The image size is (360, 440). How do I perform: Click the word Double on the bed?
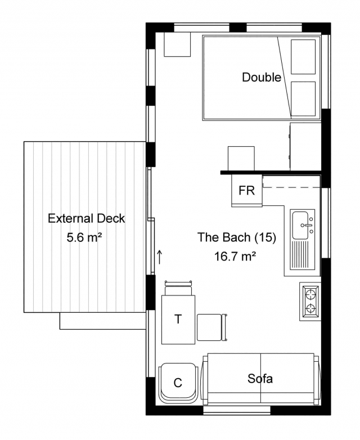pyautogui.click(x=262, y=77)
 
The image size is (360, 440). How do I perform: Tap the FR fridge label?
pyautogui.click(x=246, y=191)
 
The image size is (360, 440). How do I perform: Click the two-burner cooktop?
pyautogui.click(x=310, y=301)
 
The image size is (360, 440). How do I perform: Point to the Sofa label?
pyautogui.click(x=260, y=379)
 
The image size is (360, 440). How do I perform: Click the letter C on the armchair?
pyautogui.click(x=178, y=383)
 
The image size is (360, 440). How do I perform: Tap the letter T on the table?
pyautogui.click(x=178, y=319)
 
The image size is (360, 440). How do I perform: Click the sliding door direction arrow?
pyautogui.click(x=159, y=257)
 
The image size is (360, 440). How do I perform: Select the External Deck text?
pyautogui.click(x=86, y=218)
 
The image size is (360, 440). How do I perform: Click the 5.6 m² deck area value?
pyautogui.click(x=84, y=237)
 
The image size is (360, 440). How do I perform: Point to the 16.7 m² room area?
pyautogui.click(x=235, y=256)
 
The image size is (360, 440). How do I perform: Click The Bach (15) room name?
pyautogui.click(x=237, y=237)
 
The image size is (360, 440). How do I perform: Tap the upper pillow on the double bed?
pyautogui.click(x=303, y=57)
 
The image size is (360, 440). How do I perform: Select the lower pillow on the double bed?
pyautogui.click(x=303, y=98)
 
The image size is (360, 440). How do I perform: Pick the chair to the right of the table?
pyautogui.click(x=212, y=327)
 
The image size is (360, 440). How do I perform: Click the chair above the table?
pyautogui.click(x=178, y=288)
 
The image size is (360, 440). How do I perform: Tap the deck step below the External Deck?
pyautogui.click(x=103, y=321)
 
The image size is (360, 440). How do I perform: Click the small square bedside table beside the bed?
pyautogui.click(x=177, y=44)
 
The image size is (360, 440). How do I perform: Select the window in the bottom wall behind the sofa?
pyautogui.click(x=236, y=410)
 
